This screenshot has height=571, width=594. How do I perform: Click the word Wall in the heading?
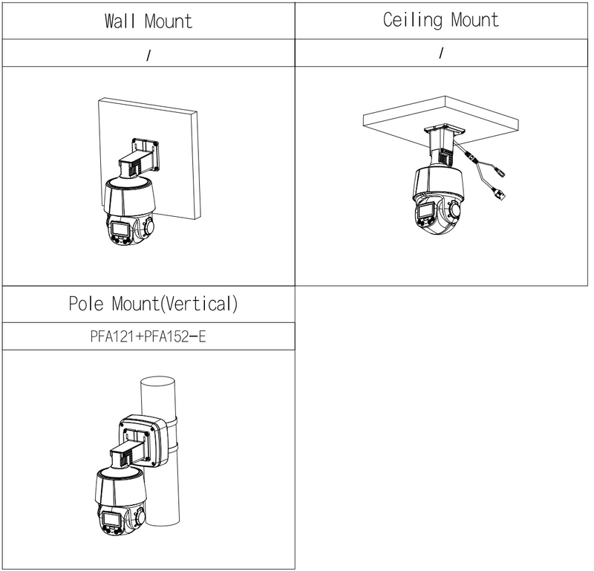pos(120,22)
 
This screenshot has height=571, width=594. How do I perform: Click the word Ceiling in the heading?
pos(413,20)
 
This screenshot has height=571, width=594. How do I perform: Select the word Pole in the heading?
pos(86,304)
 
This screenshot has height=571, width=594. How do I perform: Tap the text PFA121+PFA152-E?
pos(148,336)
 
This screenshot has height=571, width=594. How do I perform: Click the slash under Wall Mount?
pos(148,56)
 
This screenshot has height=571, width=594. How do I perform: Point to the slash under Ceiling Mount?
pos(441,53)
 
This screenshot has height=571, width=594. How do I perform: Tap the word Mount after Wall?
pos(169,22)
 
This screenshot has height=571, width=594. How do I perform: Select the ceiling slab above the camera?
pos(441,114)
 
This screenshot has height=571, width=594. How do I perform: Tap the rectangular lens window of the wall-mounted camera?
pos(120,229)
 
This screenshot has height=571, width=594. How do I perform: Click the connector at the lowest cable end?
pos(500,195)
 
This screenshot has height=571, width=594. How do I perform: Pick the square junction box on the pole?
pos(143,440)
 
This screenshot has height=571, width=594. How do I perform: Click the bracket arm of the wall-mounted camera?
pos(139,160)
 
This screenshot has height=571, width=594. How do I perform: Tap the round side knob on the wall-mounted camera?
pos(148,226)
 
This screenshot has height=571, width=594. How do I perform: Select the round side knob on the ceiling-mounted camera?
pos(454,209)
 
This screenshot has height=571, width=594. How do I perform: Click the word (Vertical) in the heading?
pos(199,304)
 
